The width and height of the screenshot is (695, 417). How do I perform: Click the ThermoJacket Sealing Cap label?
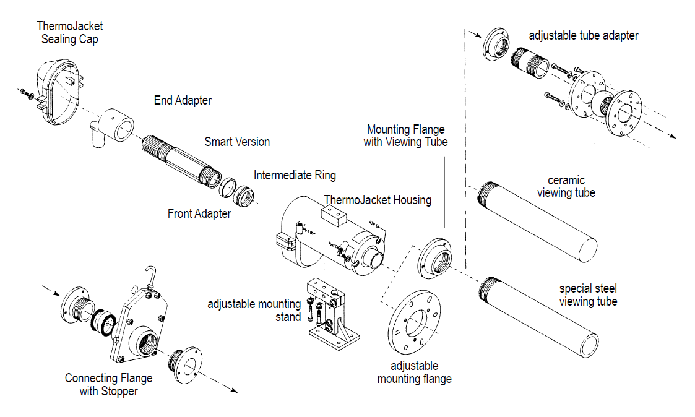click(x=69, y=32)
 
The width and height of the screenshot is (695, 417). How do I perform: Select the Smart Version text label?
click(x=237, y=142)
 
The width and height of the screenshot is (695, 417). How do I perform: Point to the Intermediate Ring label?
click(x=295, y=175)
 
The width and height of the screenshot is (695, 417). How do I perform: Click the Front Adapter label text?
click(x=199, y=214)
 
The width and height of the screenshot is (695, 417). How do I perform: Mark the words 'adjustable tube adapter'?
click(x=583, y=35)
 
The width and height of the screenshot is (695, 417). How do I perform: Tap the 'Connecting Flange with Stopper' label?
click(x=108, y=384)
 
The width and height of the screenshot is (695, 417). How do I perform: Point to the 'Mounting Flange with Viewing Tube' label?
click(x=405, y=135)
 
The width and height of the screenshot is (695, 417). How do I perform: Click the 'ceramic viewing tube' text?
click(x=566, y=186)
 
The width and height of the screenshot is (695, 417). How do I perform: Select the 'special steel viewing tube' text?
click(x=587, y=295)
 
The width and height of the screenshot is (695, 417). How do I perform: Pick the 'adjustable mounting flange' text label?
click(x=414, y=372)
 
